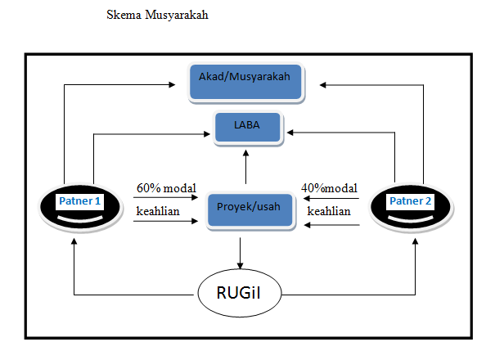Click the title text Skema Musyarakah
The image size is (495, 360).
[158, 16]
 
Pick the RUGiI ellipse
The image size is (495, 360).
[240, 294]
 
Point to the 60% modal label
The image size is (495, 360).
[166, 187]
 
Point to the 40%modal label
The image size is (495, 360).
[328, 187]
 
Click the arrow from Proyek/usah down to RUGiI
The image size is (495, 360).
[240, 252]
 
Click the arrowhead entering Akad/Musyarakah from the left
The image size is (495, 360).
[175, 83]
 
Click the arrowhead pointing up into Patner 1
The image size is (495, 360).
[74, 241]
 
